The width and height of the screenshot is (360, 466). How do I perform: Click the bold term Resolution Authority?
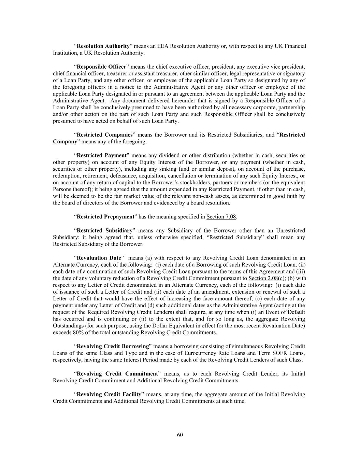tap(103, 46)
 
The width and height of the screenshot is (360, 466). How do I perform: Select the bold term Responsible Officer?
tap(101, 67)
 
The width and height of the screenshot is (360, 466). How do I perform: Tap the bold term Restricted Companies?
tap(104, 135)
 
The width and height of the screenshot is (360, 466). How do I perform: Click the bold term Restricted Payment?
tap(102, 155)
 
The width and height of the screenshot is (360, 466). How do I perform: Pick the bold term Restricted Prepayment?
tap(105, 217)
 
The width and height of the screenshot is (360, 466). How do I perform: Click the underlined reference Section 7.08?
tap(221, 217)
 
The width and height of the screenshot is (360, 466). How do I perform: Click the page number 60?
tap(180, 435)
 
